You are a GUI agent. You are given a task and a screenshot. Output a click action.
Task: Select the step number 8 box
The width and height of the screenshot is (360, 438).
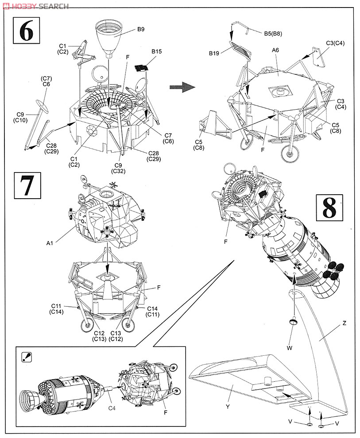tap(329, 207)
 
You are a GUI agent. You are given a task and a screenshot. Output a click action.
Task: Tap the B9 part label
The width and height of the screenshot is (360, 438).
tap(141, 29)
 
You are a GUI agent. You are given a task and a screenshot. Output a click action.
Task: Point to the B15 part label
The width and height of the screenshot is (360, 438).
tap(156, 51)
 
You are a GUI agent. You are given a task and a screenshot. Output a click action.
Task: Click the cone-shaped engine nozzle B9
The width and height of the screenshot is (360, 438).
tap(111, 36)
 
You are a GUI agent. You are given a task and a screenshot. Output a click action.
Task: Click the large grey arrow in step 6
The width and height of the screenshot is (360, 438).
tap(182, 87)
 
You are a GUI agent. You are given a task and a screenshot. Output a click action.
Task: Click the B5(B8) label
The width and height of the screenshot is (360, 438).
tap(273, 34)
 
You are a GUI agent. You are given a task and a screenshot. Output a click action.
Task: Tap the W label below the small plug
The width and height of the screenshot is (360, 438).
tap(290, 348)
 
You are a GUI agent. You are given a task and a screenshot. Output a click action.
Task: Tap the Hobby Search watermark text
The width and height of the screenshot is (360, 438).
tap(35, 6)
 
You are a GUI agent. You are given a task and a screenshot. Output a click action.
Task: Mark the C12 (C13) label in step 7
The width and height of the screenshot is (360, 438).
tap(99, 336)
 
